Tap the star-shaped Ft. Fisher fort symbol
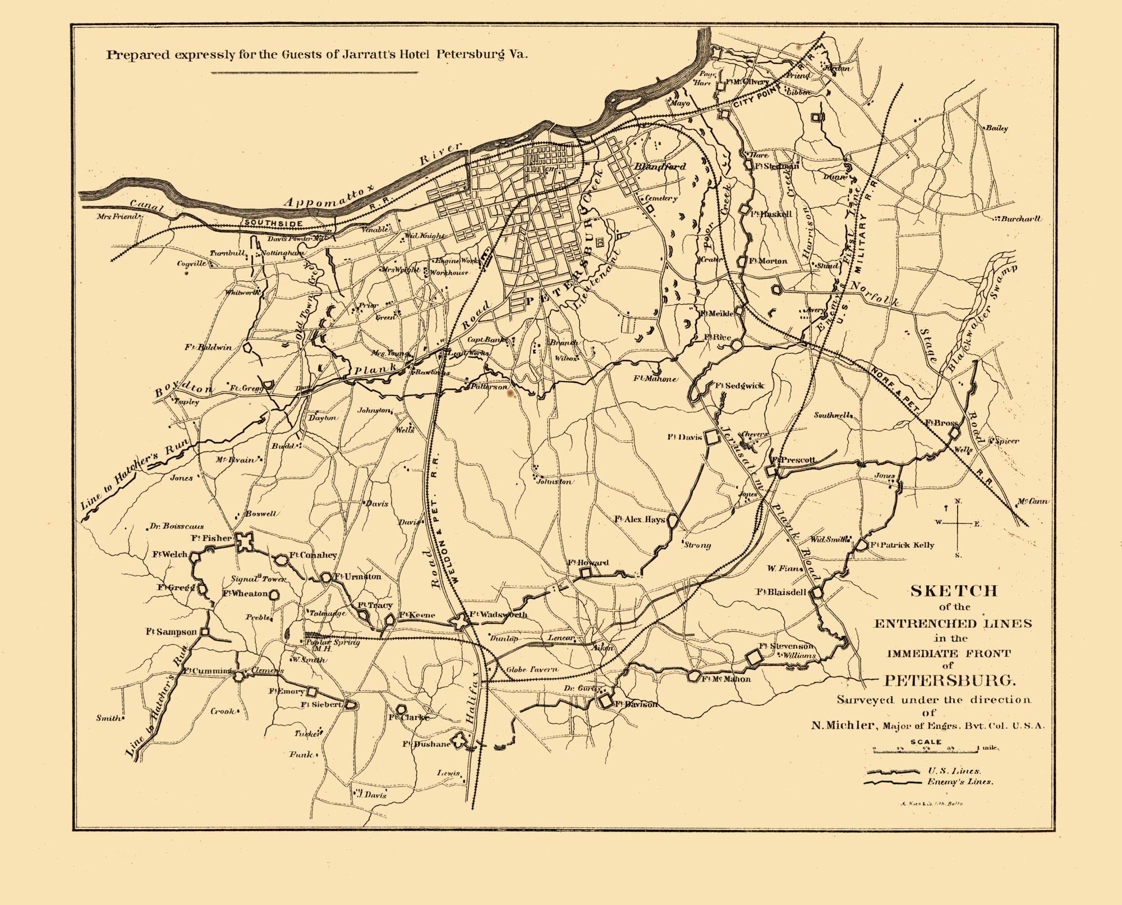[x=245, y=541]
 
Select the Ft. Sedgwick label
[x=739, y=385]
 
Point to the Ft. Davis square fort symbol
[x=711, y=437]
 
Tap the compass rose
[x=958, y=523]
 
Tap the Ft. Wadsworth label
[x=498, y=615]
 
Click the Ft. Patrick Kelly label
[x=902, y=545]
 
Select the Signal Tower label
[x=259, y=579]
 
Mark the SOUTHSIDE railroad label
[x=274, y=223]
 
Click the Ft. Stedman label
[x=776, y=166]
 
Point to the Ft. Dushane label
[x=426, y=744]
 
